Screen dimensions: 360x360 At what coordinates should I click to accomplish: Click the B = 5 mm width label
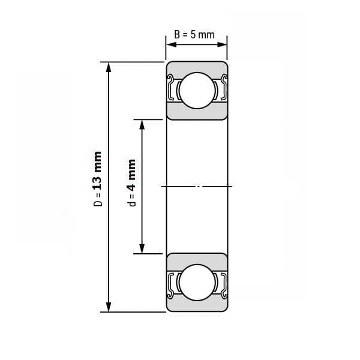[x=194, y=35]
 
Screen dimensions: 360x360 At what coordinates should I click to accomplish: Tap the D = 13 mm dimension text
[x=98, y=179]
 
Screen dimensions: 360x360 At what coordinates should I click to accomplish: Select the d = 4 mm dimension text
[x=131, y=183]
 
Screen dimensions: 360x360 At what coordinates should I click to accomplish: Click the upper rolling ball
[x=197, y=91]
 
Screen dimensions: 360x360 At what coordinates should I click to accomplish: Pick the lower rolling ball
[x=197, y=283]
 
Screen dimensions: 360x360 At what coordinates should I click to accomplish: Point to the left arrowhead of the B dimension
[x=171, y=44]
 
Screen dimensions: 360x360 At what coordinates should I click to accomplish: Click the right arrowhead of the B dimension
[x=222, y=44]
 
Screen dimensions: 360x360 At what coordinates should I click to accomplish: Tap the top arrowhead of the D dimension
[x=109, y=67]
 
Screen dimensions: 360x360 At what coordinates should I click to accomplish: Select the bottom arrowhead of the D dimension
[x=109, y=307]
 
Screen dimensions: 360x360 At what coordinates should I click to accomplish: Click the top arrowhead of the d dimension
[x=142, y=125]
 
